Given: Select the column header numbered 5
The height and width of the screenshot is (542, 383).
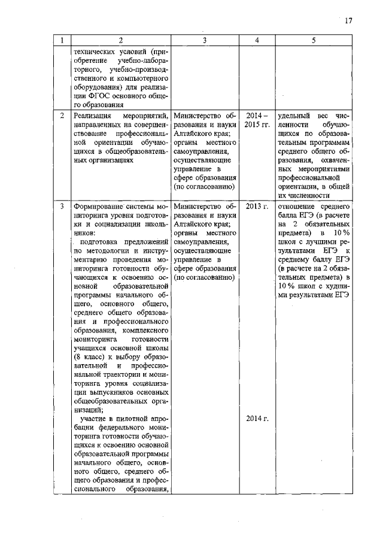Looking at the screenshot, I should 313,40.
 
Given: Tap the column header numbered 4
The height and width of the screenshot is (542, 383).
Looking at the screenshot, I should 257,40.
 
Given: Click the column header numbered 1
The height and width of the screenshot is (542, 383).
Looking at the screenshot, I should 61,40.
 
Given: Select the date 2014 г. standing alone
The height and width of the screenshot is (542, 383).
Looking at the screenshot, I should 257,418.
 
